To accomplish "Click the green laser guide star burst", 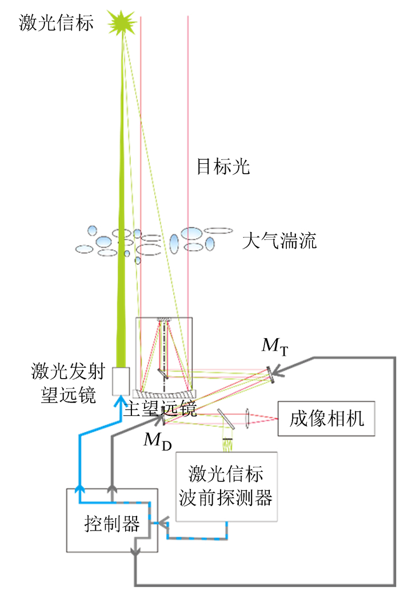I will tap(123, 23).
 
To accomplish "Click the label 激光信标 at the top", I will tap(56, 23).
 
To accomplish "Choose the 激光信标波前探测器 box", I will tap(226, 486).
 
